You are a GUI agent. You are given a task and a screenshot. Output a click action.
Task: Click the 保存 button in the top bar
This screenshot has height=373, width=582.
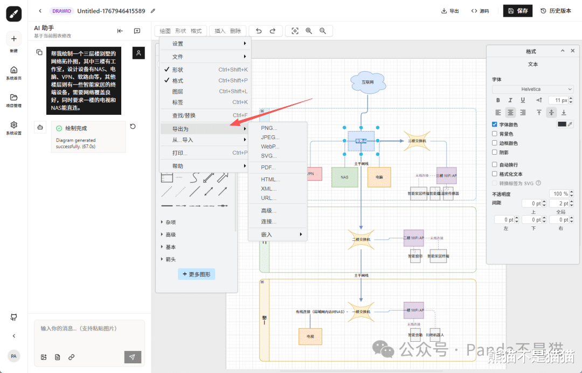coord(517,11)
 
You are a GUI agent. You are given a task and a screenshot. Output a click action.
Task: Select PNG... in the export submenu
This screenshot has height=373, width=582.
coord(269,128)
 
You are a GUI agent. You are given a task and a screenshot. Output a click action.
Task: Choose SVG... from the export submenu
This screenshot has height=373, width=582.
coord(269,156)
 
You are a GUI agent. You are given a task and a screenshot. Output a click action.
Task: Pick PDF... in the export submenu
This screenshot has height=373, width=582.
coord(268,168)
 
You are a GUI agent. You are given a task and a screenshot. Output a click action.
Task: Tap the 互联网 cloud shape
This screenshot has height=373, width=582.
coord(368,82)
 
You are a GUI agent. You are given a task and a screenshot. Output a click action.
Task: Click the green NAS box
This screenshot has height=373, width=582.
coord(344,177)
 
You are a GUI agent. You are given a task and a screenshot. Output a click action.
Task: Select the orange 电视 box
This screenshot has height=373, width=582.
coord(310,336)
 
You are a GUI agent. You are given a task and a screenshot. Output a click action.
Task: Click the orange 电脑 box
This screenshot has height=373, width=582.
coord(379,177)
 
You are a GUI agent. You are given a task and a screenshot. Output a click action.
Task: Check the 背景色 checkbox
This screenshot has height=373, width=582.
coord(495,134)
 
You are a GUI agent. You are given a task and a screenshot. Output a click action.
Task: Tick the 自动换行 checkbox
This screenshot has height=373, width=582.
coord(495,164)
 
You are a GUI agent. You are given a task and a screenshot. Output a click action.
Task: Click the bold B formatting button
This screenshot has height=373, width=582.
coord(498,100)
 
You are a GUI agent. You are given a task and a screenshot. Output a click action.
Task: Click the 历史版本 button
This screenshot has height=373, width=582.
coord(556,11)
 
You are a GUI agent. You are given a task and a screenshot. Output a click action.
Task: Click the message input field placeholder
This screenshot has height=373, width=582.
coord(79,328)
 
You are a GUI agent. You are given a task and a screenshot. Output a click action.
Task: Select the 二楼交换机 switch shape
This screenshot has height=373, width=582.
coord(361,239)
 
